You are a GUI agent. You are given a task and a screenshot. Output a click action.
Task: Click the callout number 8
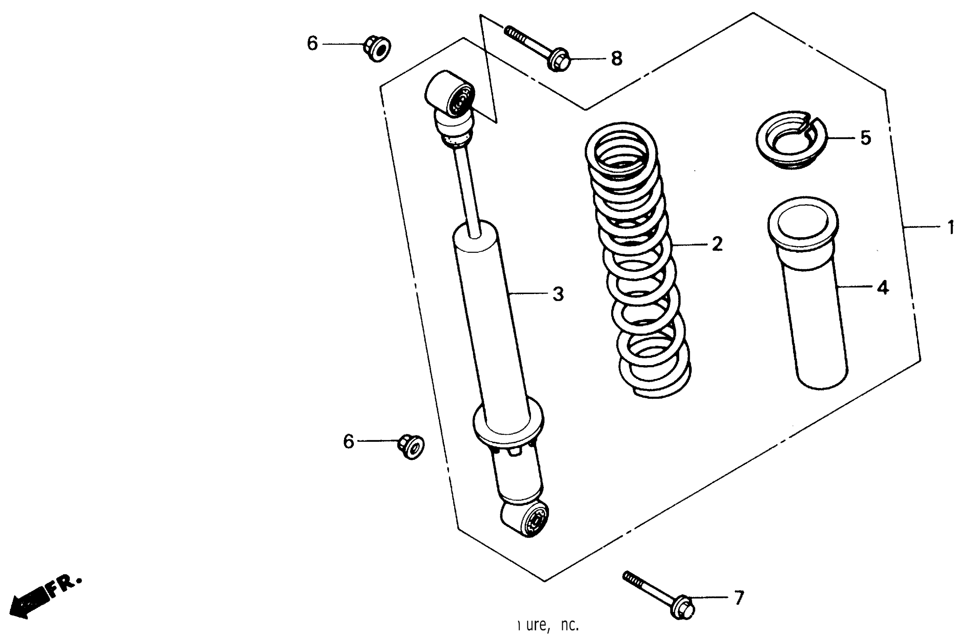pos(616,59)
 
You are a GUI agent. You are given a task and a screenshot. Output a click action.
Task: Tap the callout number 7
pos(738,597)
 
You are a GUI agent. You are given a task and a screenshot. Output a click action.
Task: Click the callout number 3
pos(558,294)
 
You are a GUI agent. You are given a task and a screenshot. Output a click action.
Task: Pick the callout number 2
pos(717,244)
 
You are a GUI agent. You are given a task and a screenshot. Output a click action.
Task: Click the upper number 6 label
pos(312,43)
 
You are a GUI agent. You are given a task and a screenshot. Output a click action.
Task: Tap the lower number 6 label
pos(348,441)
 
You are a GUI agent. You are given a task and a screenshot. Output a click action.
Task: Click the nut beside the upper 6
pos(376,48)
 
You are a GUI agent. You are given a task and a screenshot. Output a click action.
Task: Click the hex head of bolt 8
pos(559,61)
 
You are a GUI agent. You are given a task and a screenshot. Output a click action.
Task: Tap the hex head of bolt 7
pos(683,608)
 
